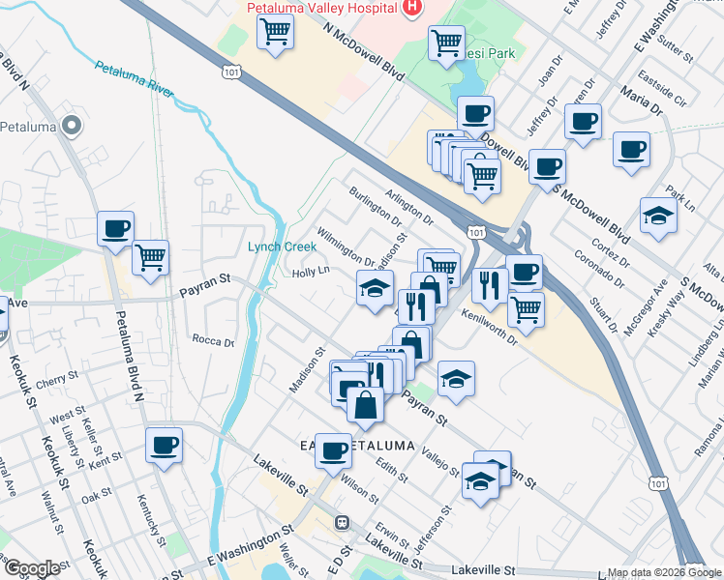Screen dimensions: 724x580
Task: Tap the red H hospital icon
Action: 412,7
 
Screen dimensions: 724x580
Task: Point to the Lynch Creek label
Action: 282,246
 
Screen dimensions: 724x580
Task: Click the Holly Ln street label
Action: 312,273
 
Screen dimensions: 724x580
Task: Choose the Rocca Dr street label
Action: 214,341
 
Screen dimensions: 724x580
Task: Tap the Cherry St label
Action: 59,379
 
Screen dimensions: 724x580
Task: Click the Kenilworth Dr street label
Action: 490,326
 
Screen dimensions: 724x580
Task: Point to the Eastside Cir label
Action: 667,101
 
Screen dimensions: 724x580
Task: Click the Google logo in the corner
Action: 31,568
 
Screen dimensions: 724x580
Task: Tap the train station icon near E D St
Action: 342,523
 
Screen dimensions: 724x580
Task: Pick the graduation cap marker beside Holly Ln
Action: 375,286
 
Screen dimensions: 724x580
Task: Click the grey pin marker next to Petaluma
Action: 71,127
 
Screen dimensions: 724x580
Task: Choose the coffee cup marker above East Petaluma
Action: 334,449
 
